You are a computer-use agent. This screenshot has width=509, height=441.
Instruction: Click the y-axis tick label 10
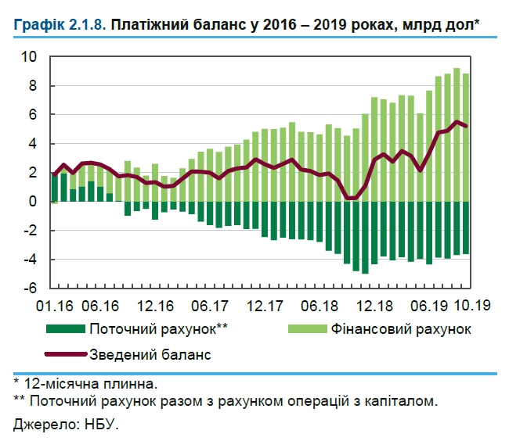28,57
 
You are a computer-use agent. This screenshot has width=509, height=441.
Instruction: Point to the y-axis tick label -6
28,288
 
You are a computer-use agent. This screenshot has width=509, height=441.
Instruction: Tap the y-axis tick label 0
32,202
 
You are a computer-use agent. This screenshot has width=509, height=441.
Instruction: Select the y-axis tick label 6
32,115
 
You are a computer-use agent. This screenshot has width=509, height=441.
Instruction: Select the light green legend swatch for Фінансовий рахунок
301,329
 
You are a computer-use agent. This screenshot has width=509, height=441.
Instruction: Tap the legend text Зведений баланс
150,354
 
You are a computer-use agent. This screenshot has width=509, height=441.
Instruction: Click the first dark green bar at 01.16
55,188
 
